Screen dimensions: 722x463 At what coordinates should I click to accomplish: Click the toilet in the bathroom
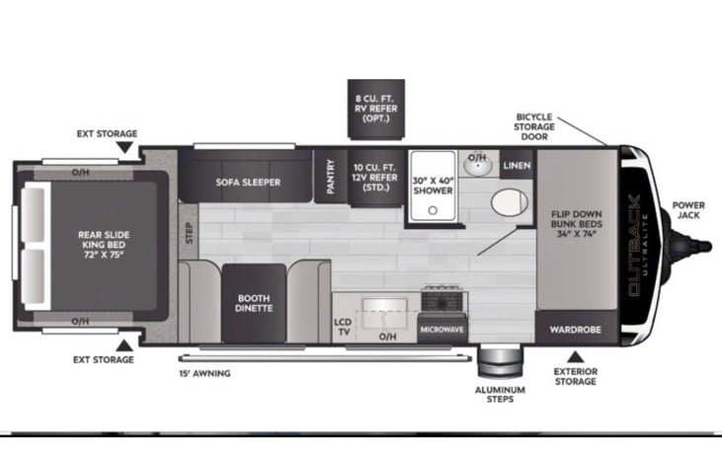(x=510, y=201)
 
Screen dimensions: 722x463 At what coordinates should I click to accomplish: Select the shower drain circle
(x=433, y=210)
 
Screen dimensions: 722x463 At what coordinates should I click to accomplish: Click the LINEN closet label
(x=517, y=165)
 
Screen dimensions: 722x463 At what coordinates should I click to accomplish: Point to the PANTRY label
(x=330, y=177)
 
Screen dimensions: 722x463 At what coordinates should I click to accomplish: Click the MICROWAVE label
(x=441, y=330)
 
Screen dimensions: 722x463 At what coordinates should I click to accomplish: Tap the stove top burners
(x=441, y=298)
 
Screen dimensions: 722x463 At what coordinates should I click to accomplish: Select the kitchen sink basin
(x=384, y=313)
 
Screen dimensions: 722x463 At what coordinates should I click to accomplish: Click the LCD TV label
(x=343, y=327)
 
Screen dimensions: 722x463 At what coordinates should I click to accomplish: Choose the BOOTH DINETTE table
(x=254, y=303)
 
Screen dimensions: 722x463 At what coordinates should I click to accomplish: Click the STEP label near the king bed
(x=189, y=233)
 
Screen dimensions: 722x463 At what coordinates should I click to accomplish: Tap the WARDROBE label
(x=575, y=330)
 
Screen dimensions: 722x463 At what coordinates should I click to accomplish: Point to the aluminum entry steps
(x=500, y=360)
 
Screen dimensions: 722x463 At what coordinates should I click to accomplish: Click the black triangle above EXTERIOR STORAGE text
(x=575, y=356)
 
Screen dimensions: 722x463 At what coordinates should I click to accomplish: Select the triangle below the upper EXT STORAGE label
(x=124, y=147)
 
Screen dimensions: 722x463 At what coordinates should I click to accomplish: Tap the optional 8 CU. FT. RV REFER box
(x=376, y=109)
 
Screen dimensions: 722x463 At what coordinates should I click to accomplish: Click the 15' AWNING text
(x=204, y=373)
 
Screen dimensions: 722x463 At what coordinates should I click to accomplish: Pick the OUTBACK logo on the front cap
(x=634, y=245)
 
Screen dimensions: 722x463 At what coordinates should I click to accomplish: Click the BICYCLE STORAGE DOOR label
(x=534, y=126)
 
